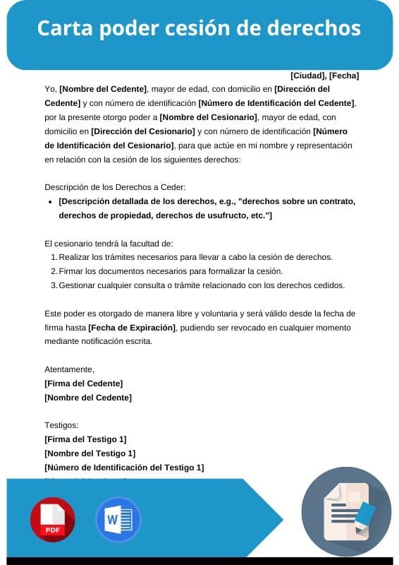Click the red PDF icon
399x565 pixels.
point(52,519)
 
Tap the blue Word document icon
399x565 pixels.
point(118,519)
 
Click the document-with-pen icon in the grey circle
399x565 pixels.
point(346,511)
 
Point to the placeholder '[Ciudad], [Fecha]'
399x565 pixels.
point(324,76)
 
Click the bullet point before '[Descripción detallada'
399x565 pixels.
point(49,201)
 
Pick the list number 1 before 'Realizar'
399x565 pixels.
point(54,257)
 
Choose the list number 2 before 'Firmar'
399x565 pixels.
point(54,271)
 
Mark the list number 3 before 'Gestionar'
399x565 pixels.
point(54,285)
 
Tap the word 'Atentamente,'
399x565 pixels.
point(69,369)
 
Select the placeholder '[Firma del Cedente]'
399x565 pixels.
point(83,383)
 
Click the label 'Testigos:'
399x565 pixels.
point(61,425)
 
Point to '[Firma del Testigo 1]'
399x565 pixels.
point(85,439)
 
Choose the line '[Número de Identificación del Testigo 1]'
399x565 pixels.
point(124,468)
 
